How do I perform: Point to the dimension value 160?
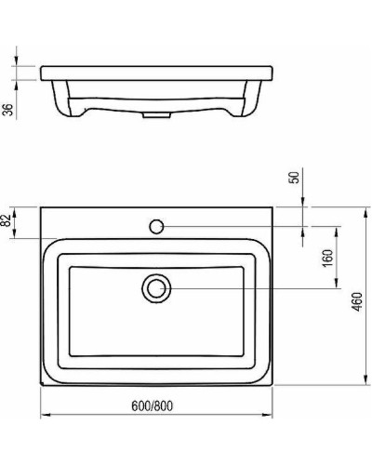(x=326, y=258)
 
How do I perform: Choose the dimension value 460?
(x=358, y=302)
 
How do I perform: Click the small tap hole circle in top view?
(x=157, y=225)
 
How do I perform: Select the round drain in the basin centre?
(x=157, y=287)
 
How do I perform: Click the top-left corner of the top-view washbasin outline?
(x=40, y=206)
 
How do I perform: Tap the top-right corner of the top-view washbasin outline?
(x=274, y=206)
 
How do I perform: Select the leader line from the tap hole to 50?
(x=232, y=225)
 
